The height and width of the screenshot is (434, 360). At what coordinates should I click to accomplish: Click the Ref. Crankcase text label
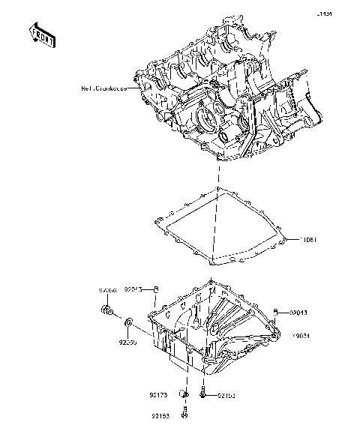(x=104, y=88)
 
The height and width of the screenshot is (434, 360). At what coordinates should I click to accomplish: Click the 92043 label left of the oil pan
(x=133, y=289)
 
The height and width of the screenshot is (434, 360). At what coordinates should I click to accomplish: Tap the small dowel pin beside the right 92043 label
(x=278, y=312)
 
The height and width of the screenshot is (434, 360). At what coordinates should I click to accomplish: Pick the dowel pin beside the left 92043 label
(x=155, y=289)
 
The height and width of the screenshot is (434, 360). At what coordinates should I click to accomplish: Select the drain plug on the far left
(x=109, y=310)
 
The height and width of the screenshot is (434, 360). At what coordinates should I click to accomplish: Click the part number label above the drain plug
(x=109, y=289)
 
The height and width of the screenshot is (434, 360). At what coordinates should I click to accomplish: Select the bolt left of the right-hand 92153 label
(x=204, y=391)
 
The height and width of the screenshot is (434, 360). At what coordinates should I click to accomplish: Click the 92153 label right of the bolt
(x=227, y=394)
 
